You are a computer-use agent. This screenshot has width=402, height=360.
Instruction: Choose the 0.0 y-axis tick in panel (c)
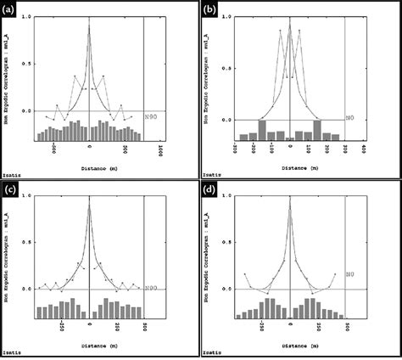24,289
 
